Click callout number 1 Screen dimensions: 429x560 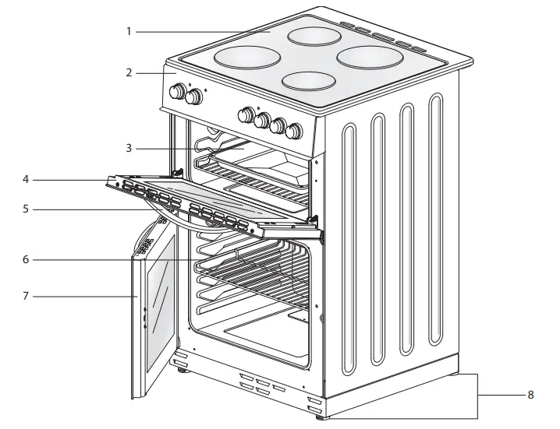(x=129, y=32)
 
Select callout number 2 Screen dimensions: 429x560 (x=129, y=73)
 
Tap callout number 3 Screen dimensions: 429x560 (x=129, y=148)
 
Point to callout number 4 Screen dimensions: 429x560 (x=26, y=180)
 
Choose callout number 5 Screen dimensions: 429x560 (x=26, y=209)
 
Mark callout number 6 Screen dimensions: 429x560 (x=26, y=259)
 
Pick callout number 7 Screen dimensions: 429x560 (x=26, y=296)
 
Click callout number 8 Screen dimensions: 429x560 (x=530, y=396)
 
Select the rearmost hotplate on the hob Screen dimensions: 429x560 (x=315, y=35)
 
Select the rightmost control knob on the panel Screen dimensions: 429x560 (x=294, y=130)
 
